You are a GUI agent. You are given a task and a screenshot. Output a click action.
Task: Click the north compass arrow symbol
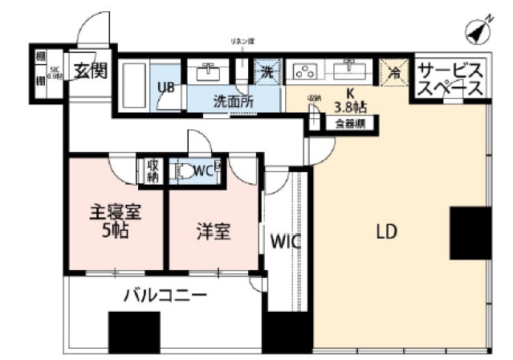click(479, 31)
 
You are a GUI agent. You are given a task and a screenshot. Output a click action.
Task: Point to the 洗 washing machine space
click(265, 71)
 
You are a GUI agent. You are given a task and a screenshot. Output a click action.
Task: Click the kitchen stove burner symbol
click(305, 71)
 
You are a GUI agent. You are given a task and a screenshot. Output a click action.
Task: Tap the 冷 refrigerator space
click(393, 70)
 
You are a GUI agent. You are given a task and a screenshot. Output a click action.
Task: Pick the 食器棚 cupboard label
click(351, 124)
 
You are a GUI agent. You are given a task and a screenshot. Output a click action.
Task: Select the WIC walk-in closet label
click(285, 240)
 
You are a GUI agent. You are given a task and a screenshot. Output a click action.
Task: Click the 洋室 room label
click(214, 232)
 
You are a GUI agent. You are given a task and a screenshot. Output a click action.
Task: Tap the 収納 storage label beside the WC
click(153, 170)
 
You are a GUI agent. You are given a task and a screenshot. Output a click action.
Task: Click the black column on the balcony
click(134, 332)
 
